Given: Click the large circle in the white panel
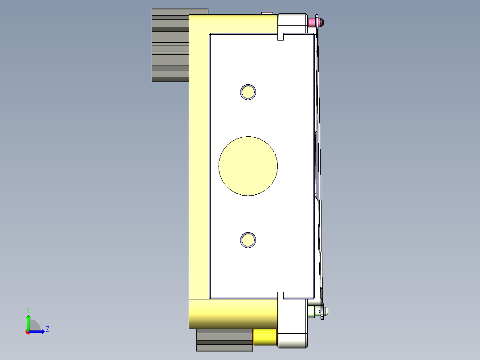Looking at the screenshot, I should pos(248,166).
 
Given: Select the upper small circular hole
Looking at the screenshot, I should pos(248,92).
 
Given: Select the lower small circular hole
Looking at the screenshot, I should pos(248,240).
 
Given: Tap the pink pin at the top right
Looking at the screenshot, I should pos(319,21).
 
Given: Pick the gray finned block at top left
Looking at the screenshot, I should pos(171,45).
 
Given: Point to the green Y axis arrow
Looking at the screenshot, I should pos(28,321).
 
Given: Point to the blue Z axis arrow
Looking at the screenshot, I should pos(38,331).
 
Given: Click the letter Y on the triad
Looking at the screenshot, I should pos(28,309).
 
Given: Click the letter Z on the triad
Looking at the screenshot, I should pos(47,329).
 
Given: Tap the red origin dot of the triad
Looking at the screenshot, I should pos(28,332).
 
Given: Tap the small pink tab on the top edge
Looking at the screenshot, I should pos(267,13).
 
